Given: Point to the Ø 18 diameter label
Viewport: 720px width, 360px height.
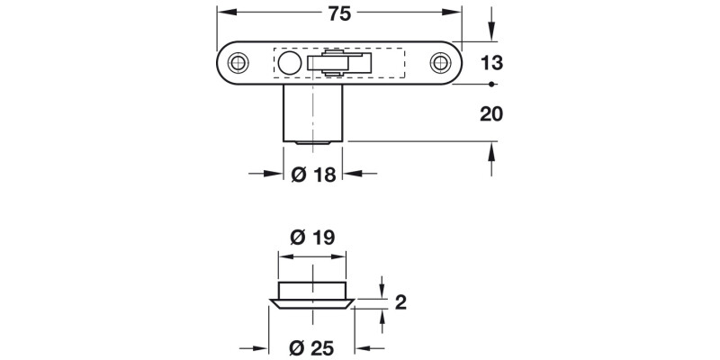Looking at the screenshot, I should (314, 175).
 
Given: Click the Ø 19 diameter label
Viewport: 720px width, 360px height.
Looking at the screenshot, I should (312, 238).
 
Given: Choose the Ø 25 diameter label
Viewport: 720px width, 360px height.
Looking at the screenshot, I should (312, 347).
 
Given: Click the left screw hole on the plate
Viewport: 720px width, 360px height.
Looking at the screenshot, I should (238, 63).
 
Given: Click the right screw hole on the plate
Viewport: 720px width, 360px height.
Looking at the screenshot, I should (440, 63).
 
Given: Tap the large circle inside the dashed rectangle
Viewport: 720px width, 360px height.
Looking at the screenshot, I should (289, 63).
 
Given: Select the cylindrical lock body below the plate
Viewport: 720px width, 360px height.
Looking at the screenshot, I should (314, 112).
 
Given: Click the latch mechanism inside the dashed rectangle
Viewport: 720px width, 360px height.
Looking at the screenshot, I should (340, 63).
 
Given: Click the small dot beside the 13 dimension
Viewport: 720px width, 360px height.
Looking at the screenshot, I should (491, 85).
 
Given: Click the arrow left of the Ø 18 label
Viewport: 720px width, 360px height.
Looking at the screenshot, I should (273, 175).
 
